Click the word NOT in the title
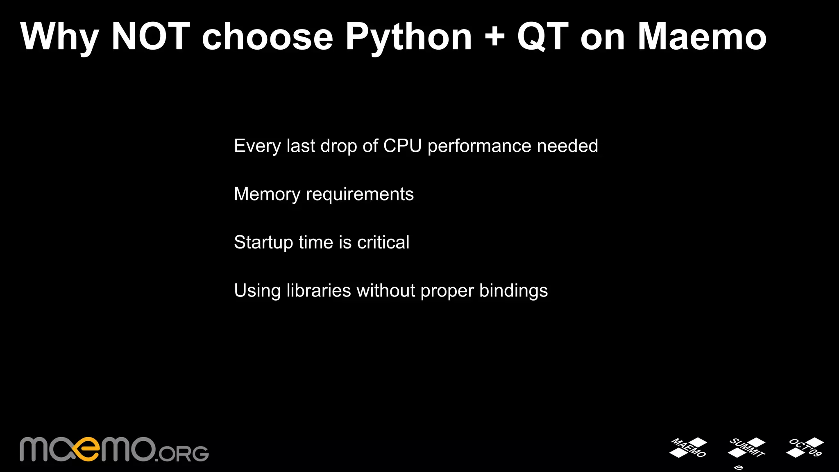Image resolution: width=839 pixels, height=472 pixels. (151, 37)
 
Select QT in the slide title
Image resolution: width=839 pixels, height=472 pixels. (543, 37)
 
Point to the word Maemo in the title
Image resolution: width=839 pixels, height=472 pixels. (702, 37)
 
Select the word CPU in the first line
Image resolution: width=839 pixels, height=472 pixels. (402, 146)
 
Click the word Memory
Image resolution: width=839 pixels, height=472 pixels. (267, 194)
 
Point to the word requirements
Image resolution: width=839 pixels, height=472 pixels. (360, 194)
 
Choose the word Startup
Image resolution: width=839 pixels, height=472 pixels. (263, 243)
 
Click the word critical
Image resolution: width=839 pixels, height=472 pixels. (383, 242)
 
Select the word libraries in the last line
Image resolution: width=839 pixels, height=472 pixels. (319, 291)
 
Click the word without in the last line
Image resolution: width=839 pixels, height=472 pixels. (386, 291)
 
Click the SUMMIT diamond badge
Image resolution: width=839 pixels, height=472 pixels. (746, 448)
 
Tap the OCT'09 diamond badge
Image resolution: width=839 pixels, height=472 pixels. (805, 447)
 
